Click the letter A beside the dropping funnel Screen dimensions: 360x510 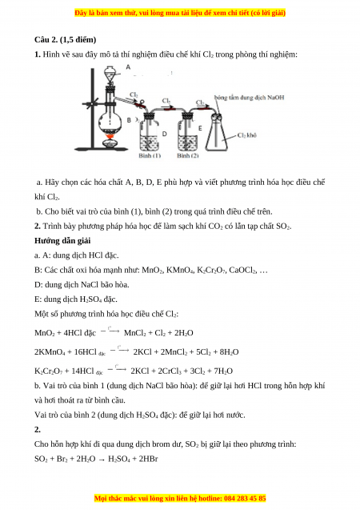pyautogui.click(x=128, y=67)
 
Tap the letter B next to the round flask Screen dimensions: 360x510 pyautogui.click(x=129, y=120)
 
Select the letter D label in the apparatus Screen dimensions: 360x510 pyautogui.click(x=165, y=134)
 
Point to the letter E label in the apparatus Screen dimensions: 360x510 pyautogui.click(x=200, y=128)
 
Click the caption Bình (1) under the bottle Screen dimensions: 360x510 pyautogui.click(x=150, y=156)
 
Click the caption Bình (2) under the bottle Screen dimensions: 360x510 pyautogui.click(x=188, y=156)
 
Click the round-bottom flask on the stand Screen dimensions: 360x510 pyautogui.click(x=110, y=117)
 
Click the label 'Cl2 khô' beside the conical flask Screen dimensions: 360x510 pyautogui.click(x=246, y=135)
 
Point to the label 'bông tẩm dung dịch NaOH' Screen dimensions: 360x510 pyautogui.click(x=250, y=98)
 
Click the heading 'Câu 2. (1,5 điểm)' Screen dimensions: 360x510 pyautogui.click(x=66, y=40)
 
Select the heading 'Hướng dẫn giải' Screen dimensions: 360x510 pyautogui.click(x=62, y=241)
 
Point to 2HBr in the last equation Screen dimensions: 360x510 pyautogui.click(x=148, y=459)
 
